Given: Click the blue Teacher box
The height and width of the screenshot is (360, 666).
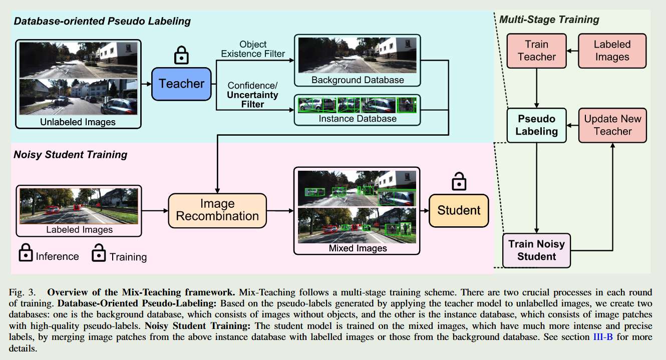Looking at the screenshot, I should [x=181, y=84].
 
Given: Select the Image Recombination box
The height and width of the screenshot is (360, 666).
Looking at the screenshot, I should [x=217, y=210].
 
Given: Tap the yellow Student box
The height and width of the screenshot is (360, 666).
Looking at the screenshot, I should [x=459, y=210].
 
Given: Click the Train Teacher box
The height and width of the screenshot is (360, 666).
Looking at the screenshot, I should [x=537, y=51].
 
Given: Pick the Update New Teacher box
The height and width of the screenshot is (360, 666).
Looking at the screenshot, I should [x=612, y=125].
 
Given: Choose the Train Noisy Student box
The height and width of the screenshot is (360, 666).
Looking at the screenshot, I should [x=536, y=250].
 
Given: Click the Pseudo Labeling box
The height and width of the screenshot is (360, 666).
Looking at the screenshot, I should [x=536, y=125].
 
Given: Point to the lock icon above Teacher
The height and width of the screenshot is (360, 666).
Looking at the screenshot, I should [x=181, y=55].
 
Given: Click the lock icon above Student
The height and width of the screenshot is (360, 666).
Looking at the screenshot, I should [x=458, y=182].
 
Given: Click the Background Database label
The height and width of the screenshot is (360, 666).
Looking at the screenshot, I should [x=358, y=80].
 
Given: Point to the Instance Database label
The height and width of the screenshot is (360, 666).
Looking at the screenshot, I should [x=358, y=119].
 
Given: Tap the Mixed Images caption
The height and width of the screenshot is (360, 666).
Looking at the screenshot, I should [x=358, y=248].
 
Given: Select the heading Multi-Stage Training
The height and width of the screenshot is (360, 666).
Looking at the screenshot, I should [x=549, y=20].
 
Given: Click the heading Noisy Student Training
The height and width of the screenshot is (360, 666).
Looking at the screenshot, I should [x=70, y=155].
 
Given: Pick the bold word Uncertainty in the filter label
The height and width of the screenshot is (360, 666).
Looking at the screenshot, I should [x=252, y=95].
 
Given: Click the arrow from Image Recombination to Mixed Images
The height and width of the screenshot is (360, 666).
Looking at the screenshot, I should [x=280, y=210].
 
